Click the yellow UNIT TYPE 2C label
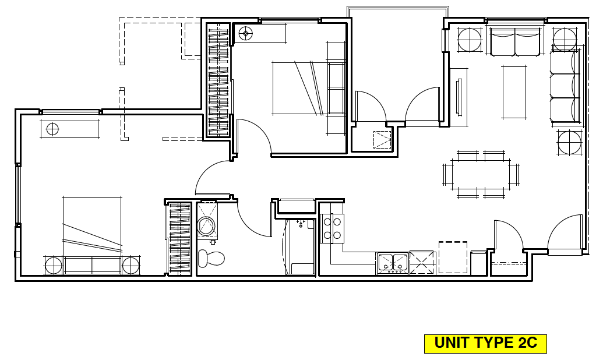485,343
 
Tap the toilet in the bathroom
210,257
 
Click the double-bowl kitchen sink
393,263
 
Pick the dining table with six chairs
481,174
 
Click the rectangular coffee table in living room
514,92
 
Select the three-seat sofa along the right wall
566,86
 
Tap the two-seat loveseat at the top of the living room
515,42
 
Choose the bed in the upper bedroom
300,88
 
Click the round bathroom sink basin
206,225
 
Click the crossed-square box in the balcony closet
382,139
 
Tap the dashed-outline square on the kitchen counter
453,257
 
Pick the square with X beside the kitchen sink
422,263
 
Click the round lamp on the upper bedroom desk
245,33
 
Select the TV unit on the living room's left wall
459,96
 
